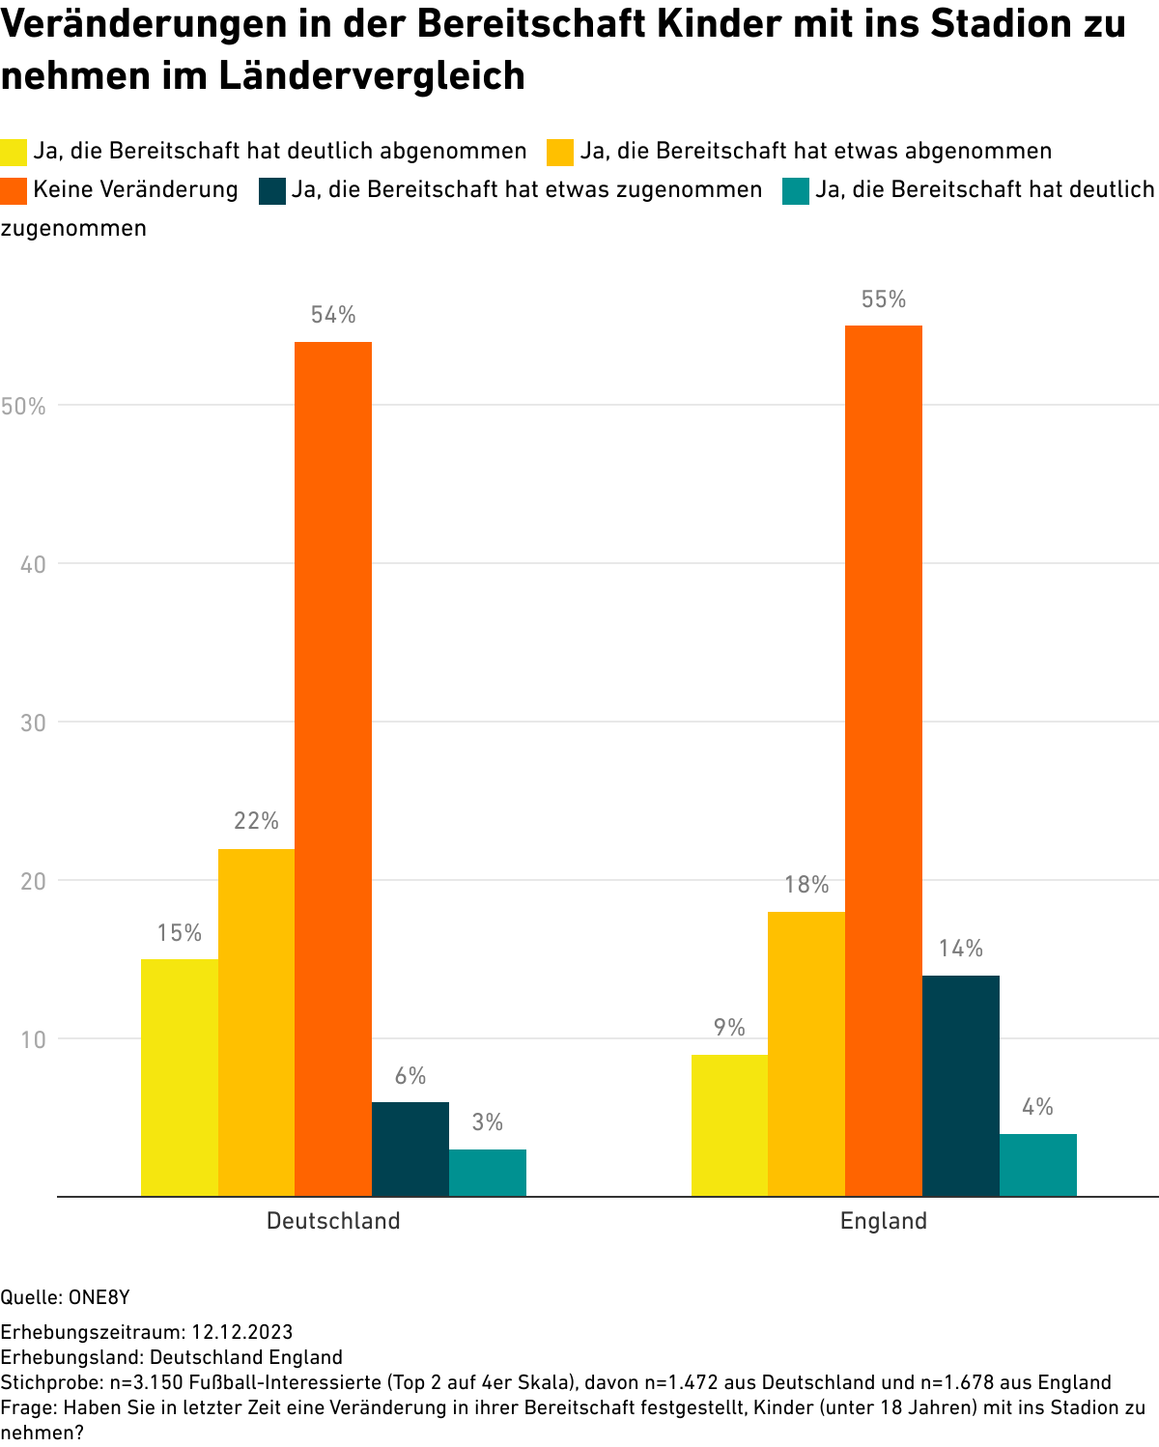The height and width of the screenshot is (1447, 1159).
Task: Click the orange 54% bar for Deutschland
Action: [x=333, y=768]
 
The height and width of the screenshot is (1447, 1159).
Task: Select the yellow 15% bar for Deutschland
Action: [x=180, y=1077]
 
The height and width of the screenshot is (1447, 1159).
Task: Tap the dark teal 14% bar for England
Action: [x=961, y=1086]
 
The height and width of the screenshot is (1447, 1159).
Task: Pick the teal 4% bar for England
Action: [x=1038, y=1165]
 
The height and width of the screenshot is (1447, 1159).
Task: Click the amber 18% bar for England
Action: [x=806, y=1054]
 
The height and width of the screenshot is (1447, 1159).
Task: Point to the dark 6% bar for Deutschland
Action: [x=410, y=1149]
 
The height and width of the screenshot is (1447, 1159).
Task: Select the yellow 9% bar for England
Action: [x=729, y=1125]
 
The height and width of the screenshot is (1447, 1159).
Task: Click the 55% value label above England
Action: [x=884, y=300]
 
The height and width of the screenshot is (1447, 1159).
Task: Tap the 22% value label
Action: [x=256, y=822]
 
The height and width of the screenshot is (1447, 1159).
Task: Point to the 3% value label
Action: [x=488, y=1122]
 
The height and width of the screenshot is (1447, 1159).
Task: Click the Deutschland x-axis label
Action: [x=333, y=1221]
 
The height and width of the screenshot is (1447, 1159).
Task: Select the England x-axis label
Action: [x=884, y=1221]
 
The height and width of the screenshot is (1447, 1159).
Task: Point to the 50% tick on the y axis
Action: [x=24, y=406]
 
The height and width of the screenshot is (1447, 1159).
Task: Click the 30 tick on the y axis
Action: [x=34, y=723]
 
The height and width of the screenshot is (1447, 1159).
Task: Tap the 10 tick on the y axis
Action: [x=34, y=1039]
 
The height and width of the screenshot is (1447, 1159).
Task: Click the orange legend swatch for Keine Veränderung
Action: [x=14, y=190]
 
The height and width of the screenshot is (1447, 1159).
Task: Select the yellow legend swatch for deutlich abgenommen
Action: [x=14, y=152]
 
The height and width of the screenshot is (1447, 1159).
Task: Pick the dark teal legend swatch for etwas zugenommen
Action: [x=272, y=190]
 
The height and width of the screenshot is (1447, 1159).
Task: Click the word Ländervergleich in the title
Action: [x=372, y=75]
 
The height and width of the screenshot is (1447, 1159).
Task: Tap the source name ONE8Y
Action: [x=99, y=1297]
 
